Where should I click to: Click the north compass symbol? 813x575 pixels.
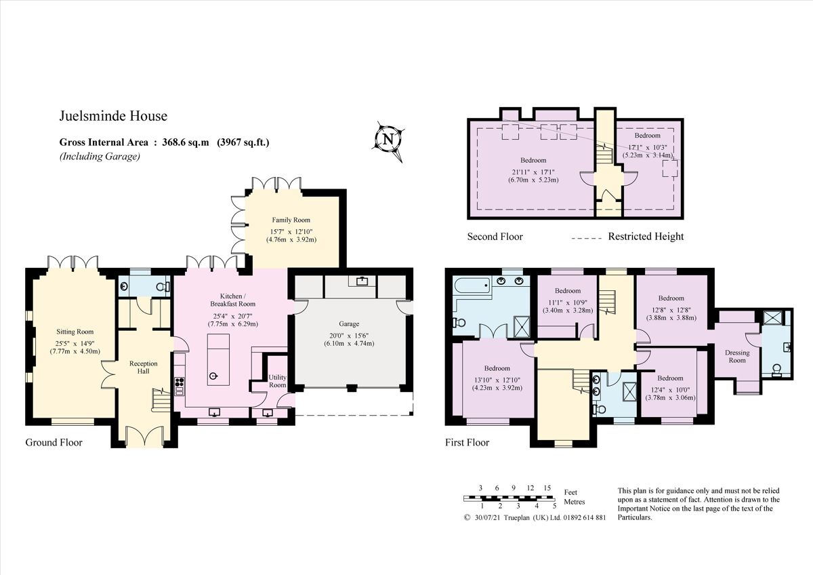pos(388,140)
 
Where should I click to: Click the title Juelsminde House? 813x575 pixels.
pos(113,117)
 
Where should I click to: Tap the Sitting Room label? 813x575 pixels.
pos(75,332)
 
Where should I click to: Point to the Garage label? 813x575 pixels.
pos(349,324)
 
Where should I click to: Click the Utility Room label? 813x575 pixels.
pos(278,381)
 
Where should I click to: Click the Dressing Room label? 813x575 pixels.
pos(737,356)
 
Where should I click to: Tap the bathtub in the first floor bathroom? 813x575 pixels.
pos(472,285)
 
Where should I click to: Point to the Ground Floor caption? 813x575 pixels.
pos(54,443)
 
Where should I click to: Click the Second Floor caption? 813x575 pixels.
pos(495,237)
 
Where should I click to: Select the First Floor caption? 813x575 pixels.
pos(467,443)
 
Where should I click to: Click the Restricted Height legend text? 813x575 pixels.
pos(646,237)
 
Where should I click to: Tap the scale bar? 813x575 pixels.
pos(509,498)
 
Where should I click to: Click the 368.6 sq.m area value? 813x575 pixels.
pos(184,142)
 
